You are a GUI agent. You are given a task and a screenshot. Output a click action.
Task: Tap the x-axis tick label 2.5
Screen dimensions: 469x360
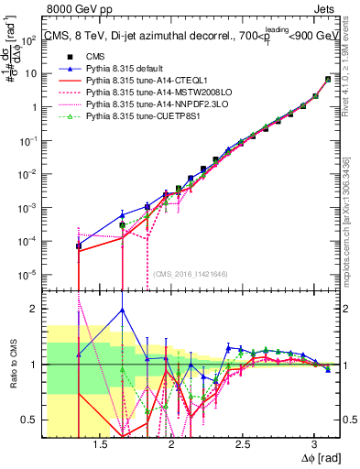(x=243, y=441)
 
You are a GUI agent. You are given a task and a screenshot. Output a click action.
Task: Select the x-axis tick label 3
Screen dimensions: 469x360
(x=313, y=441)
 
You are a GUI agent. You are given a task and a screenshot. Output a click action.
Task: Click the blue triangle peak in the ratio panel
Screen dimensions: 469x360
(x=123, y=310)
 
